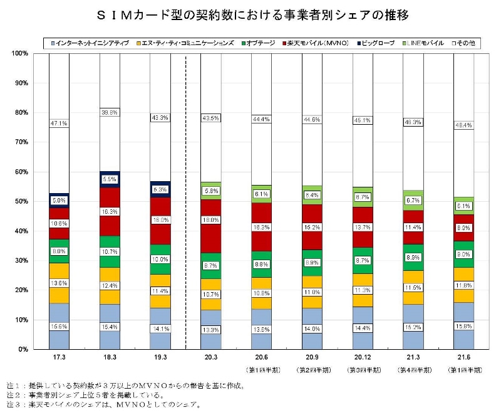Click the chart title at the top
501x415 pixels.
pyautogui.click(x=251, y=14)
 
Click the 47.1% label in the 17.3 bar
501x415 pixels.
pyautogui.click(x=59, y=124)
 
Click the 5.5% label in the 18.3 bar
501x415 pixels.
pyautogui.click(x=110, y=179)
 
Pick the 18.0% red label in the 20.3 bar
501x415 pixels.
pyautogui.click(x=211, y=221)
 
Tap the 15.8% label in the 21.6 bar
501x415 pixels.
pyautogui.click(x=464, y=326)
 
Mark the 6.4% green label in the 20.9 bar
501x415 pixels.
pyautogui.click(x=312, y=195)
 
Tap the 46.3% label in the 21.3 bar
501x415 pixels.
pyautogui.click(x=413, y=122)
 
